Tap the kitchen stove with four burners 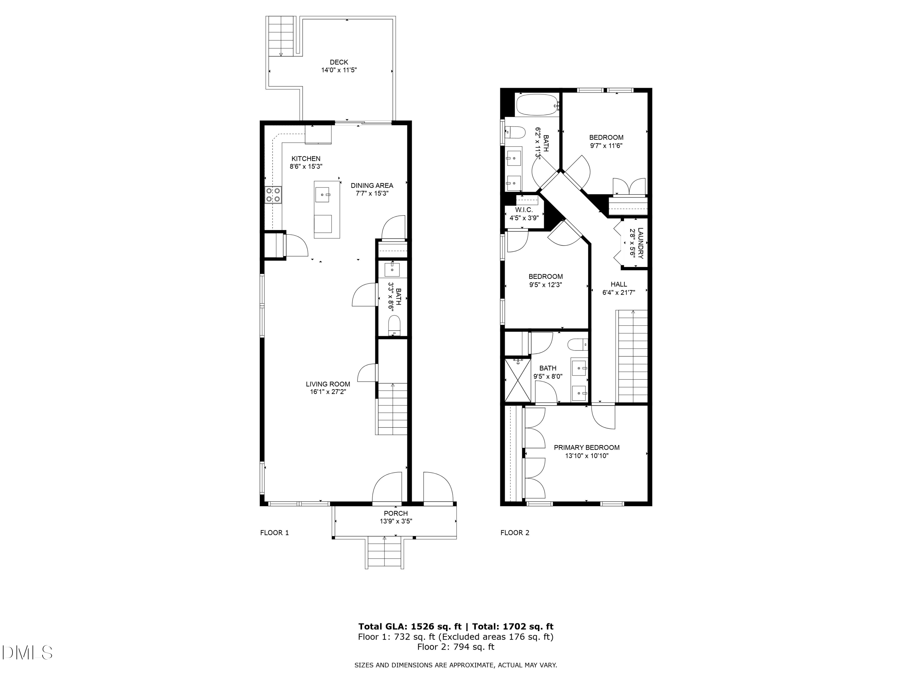[x=273, y=195]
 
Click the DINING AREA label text [x=371, y=185]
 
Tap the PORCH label [x=396, y=513]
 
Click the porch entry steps [x=384, y=553]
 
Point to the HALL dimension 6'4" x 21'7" [x=618, y=293]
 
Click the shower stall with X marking [x=518, y=380]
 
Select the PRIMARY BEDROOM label [x=586, y=448]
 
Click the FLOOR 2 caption [x=515, y=533]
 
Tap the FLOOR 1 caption [x=274, y=533]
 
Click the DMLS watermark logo [x=27, y=653]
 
